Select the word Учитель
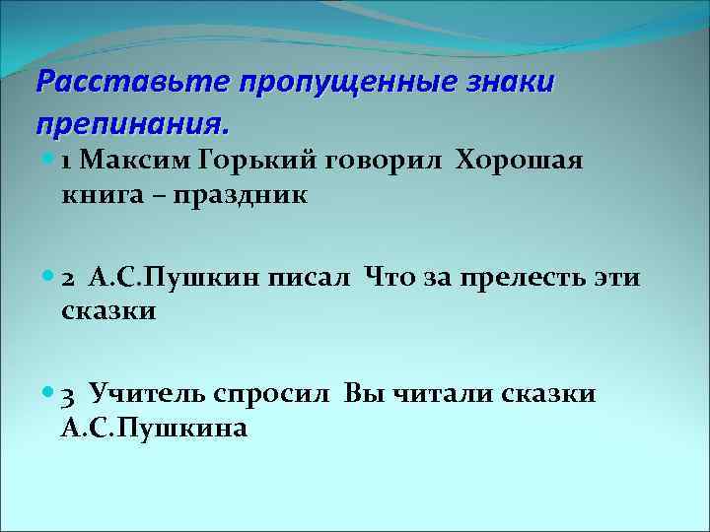point(148,395)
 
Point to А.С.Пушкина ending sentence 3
point(154,430)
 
